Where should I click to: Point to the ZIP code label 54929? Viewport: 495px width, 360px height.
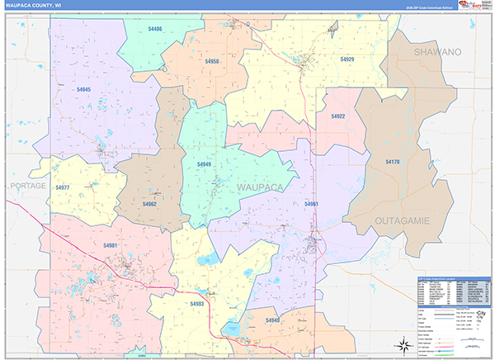point(346,59)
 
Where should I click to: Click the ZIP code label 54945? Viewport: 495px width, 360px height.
point(83,89)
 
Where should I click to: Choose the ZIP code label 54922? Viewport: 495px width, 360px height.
point(337,116)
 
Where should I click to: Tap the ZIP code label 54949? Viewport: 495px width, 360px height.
point(205,164)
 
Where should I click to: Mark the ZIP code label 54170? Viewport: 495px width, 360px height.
point(392,163)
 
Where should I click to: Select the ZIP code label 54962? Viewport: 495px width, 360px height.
point(149,203)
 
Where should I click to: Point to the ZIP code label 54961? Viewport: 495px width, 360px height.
point(311,203)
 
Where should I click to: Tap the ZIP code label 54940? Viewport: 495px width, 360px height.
point(273,320)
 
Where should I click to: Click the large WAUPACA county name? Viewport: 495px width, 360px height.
point(260,188)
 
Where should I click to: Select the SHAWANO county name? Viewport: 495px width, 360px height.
point(437,52)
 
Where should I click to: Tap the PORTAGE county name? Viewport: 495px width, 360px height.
point(28,187)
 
